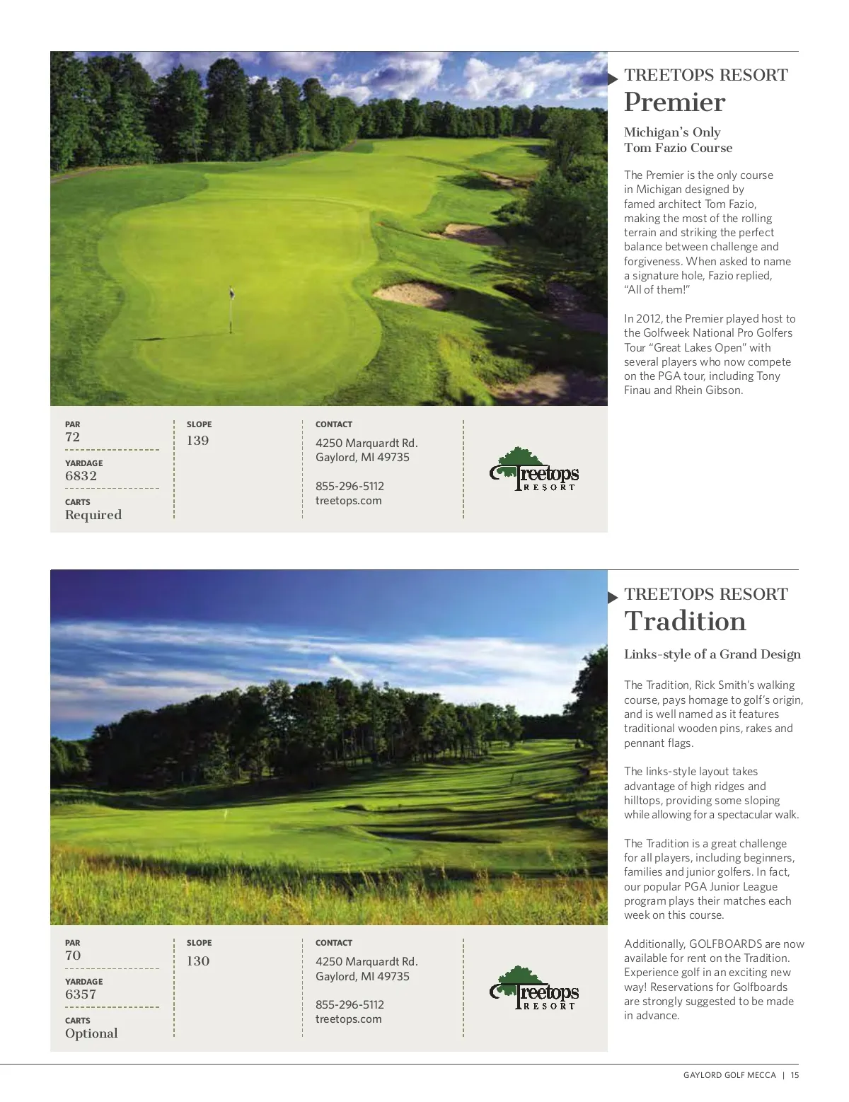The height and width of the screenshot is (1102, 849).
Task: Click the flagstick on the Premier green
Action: [231, 310]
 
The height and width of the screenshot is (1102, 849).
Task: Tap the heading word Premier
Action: [674, 103]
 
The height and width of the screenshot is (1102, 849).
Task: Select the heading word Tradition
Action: [685, 622]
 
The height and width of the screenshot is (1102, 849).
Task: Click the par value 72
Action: [73, 437]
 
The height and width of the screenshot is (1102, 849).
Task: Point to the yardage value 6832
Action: [81, 476]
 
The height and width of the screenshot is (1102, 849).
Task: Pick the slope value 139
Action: [198, 441]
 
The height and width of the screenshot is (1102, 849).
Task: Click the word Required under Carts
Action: [93, 515]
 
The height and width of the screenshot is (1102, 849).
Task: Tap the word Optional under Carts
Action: [91, 1033]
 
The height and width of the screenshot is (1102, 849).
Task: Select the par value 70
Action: [73, 956]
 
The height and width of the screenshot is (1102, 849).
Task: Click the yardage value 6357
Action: [81, 994]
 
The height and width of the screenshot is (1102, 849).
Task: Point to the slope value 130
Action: [198, 961]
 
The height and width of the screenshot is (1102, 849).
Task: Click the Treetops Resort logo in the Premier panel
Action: [534, 470]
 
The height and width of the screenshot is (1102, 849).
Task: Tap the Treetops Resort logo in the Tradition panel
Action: [534, 988]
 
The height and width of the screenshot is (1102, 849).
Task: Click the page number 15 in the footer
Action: [795, 1075]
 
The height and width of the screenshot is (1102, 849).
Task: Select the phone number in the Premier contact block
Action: [350, 487]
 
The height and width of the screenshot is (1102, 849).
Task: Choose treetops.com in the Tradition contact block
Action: [348, 1019]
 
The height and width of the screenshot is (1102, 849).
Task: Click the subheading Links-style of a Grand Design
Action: [712, 655]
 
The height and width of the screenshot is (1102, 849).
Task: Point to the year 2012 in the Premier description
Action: [649, 319]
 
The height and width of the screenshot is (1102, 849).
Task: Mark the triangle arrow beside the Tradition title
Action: [613, 597]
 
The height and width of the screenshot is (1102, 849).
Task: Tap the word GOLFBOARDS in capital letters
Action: [724, 944]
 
